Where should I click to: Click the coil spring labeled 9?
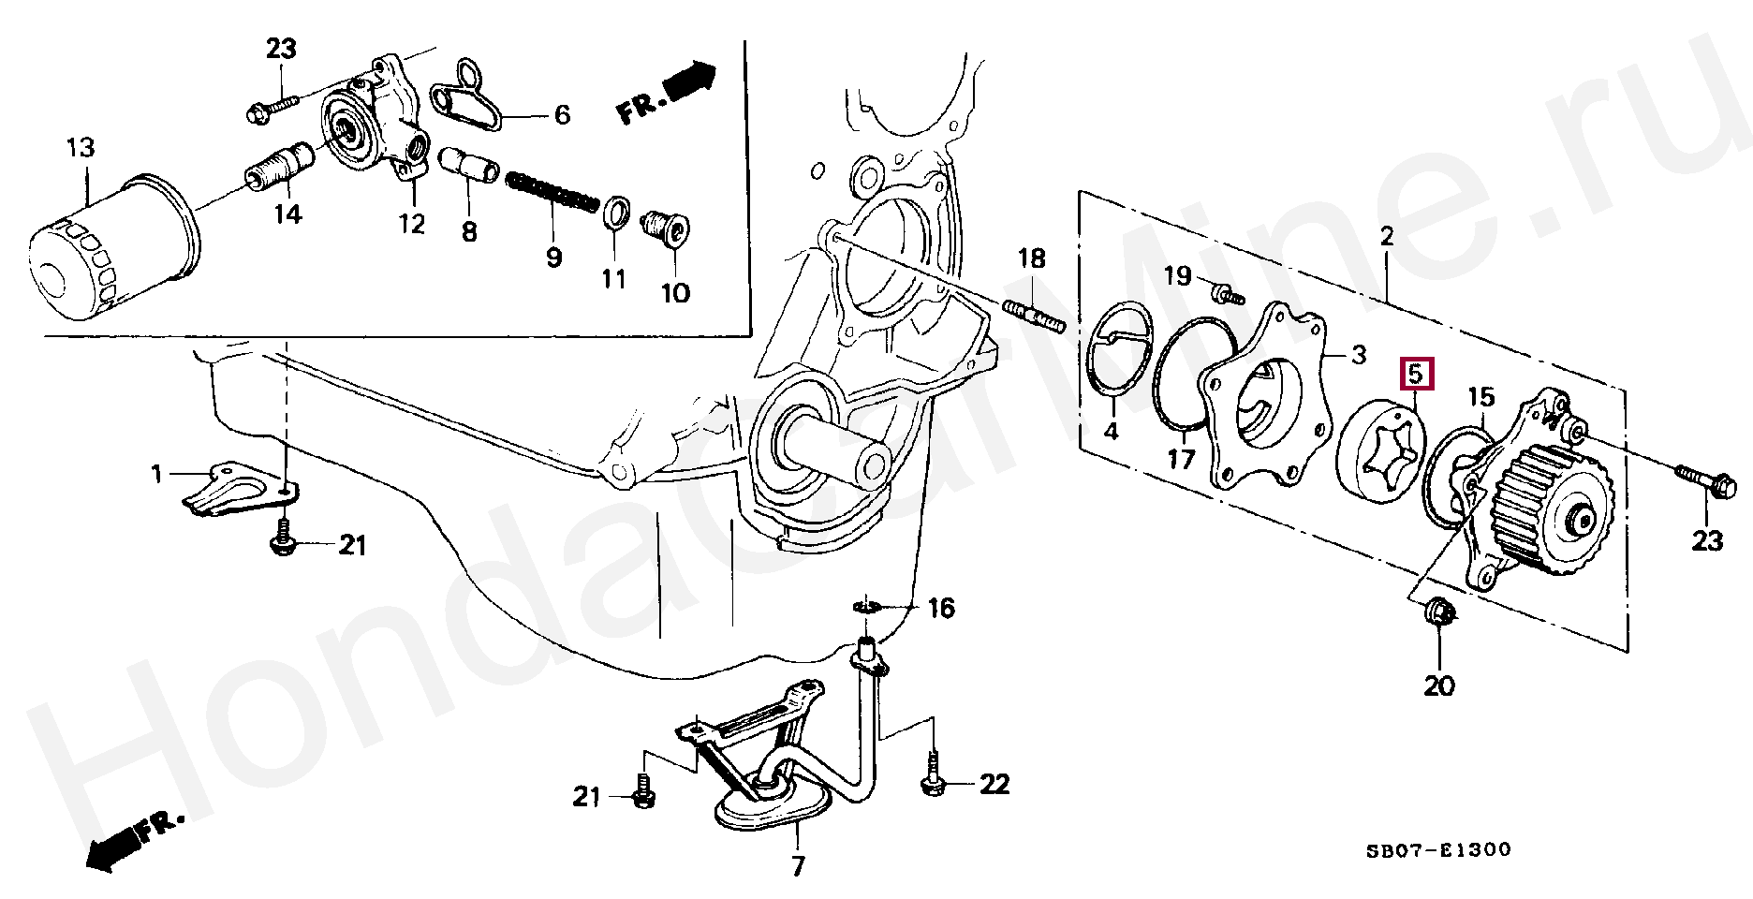(x=553, y=192)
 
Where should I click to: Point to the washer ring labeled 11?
(x=615, y=213)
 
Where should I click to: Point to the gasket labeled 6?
(x=465, y=96)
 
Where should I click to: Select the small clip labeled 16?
(x=867, y=608)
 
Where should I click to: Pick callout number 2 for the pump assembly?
(x=1386, y=236)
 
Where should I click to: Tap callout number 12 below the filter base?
(x=412, y=223)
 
